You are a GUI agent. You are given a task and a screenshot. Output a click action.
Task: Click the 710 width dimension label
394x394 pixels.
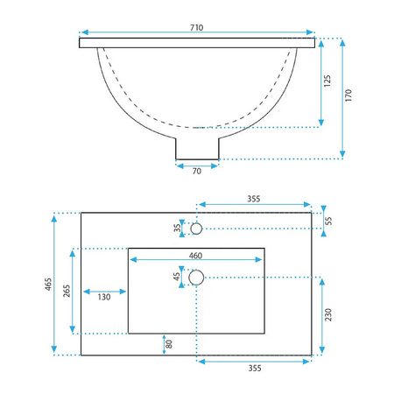(x=197, y=27)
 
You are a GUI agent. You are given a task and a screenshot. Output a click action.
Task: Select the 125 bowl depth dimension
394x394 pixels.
(x=327, y=81)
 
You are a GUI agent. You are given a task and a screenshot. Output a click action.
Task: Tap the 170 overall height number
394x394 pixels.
(x=348, y=95)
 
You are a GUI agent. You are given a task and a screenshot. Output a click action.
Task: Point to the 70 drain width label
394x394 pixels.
(x=197, y=171)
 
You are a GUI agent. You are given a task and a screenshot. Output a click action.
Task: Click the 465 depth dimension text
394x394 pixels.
(x=48, y=284)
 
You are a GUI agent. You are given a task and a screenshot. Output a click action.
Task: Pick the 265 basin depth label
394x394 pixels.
(x=67, y=291)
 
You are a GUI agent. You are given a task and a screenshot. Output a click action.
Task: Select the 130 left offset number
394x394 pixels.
(x=104, y=297)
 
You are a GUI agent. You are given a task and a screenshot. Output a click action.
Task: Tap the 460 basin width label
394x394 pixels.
(x=195, y=256)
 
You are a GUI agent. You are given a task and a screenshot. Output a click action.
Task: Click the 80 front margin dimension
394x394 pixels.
(x=169, y=344)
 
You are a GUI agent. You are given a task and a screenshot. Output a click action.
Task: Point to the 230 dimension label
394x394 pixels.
(x=328, y=314)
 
